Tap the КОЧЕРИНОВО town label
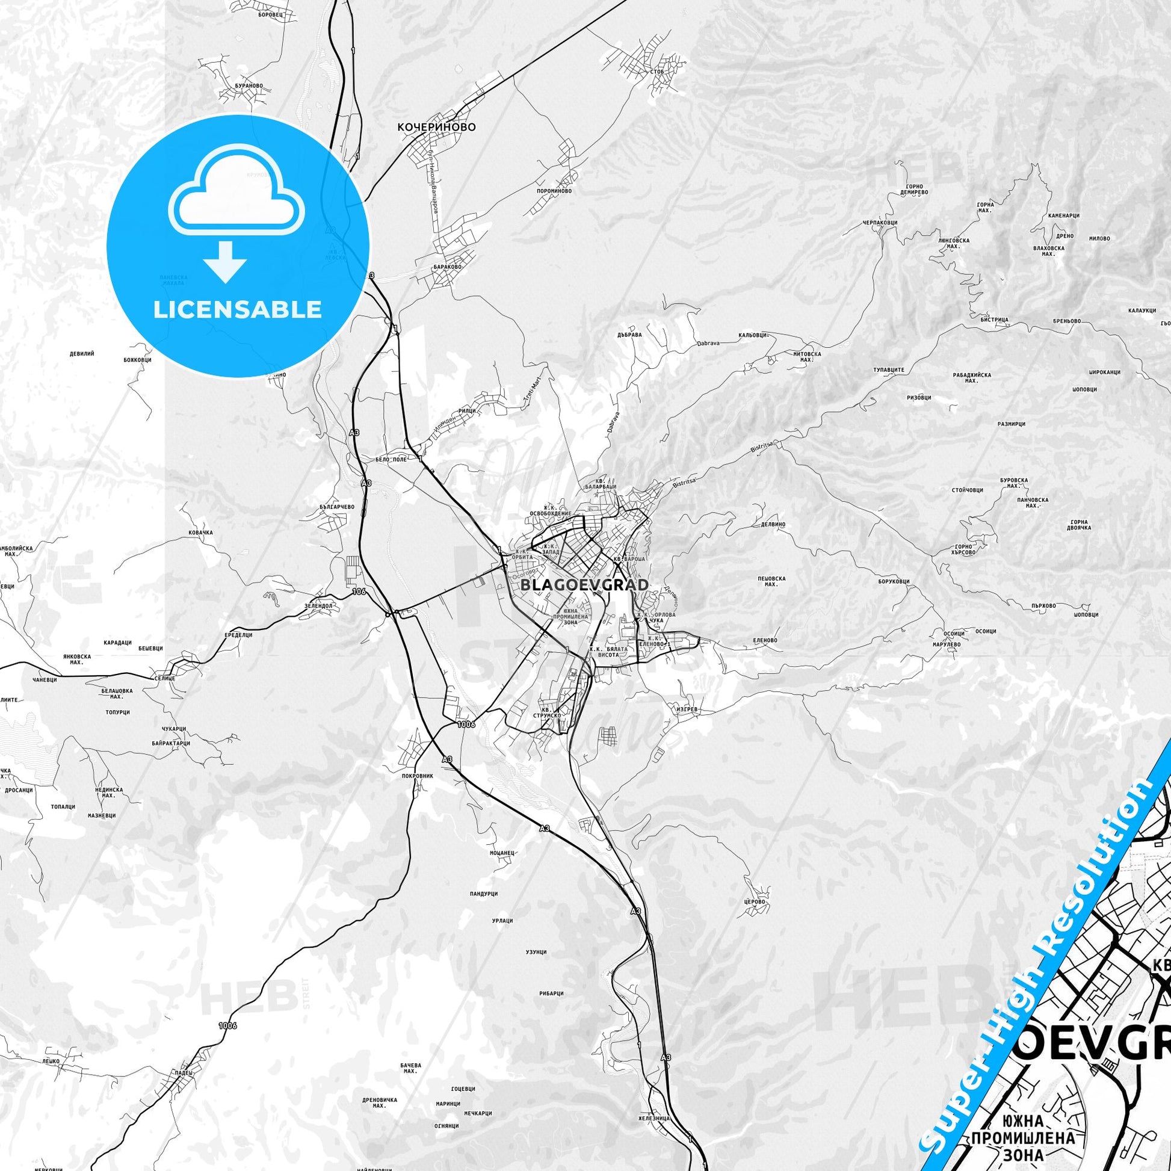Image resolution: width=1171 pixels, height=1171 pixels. [436, 128]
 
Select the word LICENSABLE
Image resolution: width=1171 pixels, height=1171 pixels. [238, 310]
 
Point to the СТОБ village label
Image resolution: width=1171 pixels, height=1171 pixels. [657, 72]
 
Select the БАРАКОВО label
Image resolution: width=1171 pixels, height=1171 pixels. [447, 267]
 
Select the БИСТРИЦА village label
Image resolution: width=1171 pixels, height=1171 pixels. [993, 320]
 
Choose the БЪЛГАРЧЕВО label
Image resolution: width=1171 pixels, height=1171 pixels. [337, 506]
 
